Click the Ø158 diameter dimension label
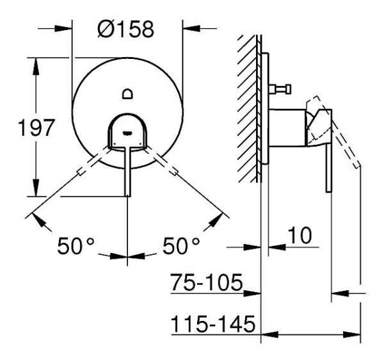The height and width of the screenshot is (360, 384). pyautogui.click(x=126, y=30)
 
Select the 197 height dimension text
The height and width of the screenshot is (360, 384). pyautogui.click(x=34, y=127)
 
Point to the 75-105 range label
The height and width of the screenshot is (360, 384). pyautogui.click(x=206, y=283)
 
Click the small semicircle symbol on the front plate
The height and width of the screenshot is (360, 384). pyautogui.click(x=127, y=94)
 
